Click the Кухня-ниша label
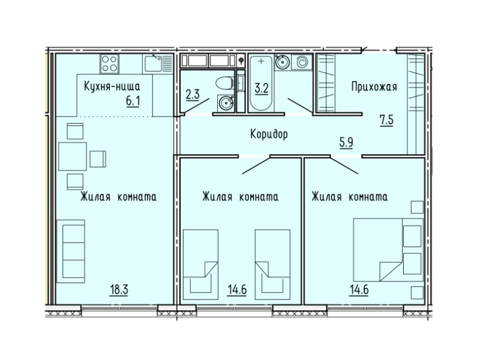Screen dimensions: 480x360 tap(112, 86)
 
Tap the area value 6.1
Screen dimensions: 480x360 tap(133, 100)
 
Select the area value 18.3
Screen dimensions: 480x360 tap(119, 290)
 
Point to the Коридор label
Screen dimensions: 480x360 tap(269, 134)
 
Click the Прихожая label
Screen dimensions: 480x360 tap(374, 86)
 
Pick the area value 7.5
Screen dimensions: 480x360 tap(386, 119)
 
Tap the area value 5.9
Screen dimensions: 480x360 tap(346, 143)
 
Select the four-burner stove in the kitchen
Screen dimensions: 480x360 tap(109, 64)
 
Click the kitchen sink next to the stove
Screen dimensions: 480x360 tap(158, 64)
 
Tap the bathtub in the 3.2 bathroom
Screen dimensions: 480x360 tap(261, 83)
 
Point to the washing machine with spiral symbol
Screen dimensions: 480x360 tap(302, 63)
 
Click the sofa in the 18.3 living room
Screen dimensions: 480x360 tap(71, 251)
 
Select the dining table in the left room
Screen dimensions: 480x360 tap(73, 156)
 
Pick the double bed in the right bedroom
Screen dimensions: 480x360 tap(388, 250)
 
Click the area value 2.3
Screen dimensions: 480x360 tap(193, 94)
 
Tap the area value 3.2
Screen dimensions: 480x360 tap(262, 88)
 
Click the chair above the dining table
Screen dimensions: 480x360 tap(75, 131)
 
